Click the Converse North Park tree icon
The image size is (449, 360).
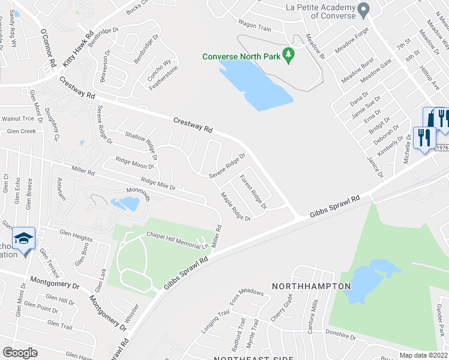[289, 56]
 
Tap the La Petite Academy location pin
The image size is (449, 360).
[363, 10]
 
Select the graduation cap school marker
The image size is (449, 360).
[24, 240]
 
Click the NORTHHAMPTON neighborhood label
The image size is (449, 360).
[311, 286]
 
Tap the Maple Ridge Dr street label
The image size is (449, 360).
[235, 206]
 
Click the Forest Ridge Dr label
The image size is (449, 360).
[253, 192]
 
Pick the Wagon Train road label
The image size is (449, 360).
[255, 26]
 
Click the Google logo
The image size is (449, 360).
[20, 353]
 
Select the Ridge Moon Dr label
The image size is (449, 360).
[135, 162]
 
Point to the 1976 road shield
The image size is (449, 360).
[442, 148]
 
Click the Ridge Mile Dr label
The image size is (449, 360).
[158, 183]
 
